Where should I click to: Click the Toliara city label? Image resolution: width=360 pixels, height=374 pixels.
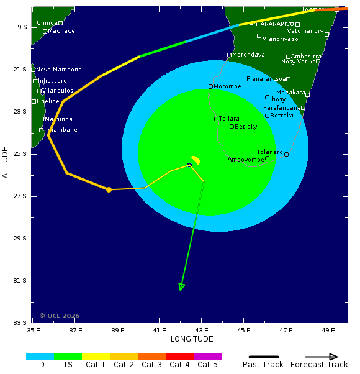(x=228, y=119)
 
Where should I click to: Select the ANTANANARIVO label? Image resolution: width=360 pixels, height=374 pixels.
(x=271, y=24)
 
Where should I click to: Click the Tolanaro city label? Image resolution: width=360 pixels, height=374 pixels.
(x=269, y=152)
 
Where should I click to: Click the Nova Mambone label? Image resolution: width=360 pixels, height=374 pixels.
(x=58, y=70)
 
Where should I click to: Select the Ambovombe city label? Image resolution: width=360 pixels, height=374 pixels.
(x=246, y=160)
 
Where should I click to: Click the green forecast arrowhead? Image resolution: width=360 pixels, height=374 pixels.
(x=181, y=286)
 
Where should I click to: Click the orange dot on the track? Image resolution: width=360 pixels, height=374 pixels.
(x=109, y=189)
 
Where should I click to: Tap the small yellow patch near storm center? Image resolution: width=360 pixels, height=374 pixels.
(x=196, y=160)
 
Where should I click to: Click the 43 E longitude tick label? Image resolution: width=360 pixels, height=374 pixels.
(x=201, y=330)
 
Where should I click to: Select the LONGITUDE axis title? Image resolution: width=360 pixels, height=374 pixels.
(x=192, y=339)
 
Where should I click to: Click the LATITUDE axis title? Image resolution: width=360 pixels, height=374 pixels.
(x=6, y=164)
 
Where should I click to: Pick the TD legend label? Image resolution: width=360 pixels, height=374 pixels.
(x=40, y=365)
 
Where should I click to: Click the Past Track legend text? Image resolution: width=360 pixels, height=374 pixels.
(x=263, y=365)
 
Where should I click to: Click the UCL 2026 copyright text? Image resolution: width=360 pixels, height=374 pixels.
(x=60, y=316)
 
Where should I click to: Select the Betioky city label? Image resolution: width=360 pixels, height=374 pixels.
(x=245, y=127)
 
